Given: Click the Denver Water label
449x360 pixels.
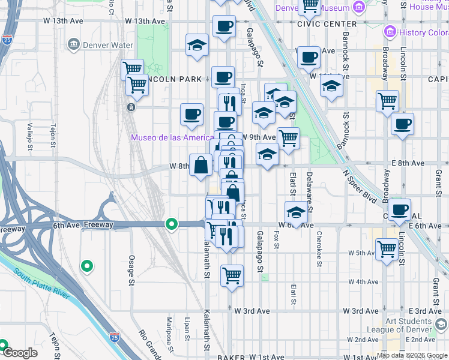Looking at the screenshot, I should pos(100,44).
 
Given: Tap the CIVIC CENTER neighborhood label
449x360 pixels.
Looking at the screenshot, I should pos(327,24).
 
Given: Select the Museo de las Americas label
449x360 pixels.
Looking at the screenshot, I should pos(173,137).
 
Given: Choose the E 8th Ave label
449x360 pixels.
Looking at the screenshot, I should pos(424,163).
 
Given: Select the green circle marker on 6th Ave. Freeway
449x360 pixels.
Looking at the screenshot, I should pos(172,224).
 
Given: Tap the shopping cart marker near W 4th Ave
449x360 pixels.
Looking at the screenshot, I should pos(232,276).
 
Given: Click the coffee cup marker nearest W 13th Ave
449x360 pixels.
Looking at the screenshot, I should pos(224,26).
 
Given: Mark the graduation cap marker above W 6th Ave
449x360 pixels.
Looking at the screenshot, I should pos(296,212).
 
